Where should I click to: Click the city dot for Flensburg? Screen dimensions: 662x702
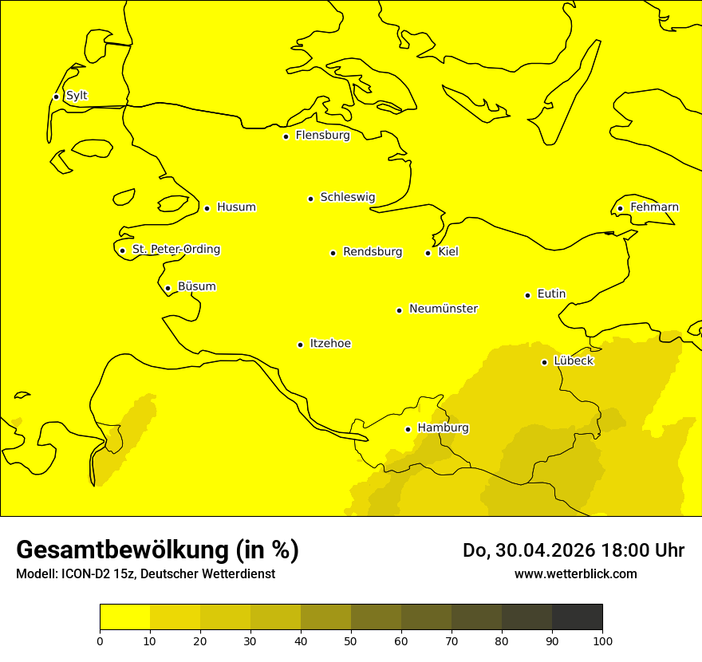coord(286,136)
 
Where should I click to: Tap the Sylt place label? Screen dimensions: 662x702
coord(77,96)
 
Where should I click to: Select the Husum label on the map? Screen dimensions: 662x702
coord(236,207)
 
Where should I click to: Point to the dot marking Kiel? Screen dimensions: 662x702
coord(428,253)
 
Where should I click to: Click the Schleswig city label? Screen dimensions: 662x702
coord(347,197)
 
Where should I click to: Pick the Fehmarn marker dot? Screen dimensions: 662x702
coord(620,209)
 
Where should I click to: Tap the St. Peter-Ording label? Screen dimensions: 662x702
coord(175,250)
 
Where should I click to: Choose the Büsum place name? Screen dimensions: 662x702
coord(196,286)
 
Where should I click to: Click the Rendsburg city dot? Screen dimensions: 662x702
coord(333,253)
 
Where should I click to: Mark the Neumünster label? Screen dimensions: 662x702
coord(444,309)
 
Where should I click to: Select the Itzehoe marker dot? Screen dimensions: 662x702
coord(300,345)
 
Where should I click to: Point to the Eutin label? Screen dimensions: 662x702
coord(551,294)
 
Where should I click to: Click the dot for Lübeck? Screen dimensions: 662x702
coord(544,362)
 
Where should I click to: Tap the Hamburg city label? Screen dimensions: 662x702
coord(443,428)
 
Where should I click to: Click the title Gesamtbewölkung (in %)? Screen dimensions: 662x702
coord(157,550)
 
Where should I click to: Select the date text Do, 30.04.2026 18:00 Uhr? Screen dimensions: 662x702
coord(573,550)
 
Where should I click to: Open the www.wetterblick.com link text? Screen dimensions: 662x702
coord(575,573)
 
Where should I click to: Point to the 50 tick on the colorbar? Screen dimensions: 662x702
coord(351,640)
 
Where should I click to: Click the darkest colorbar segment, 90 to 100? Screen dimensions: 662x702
coord(577,617)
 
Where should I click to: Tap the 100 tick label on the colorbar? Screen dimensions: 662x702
coord(602,640)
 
